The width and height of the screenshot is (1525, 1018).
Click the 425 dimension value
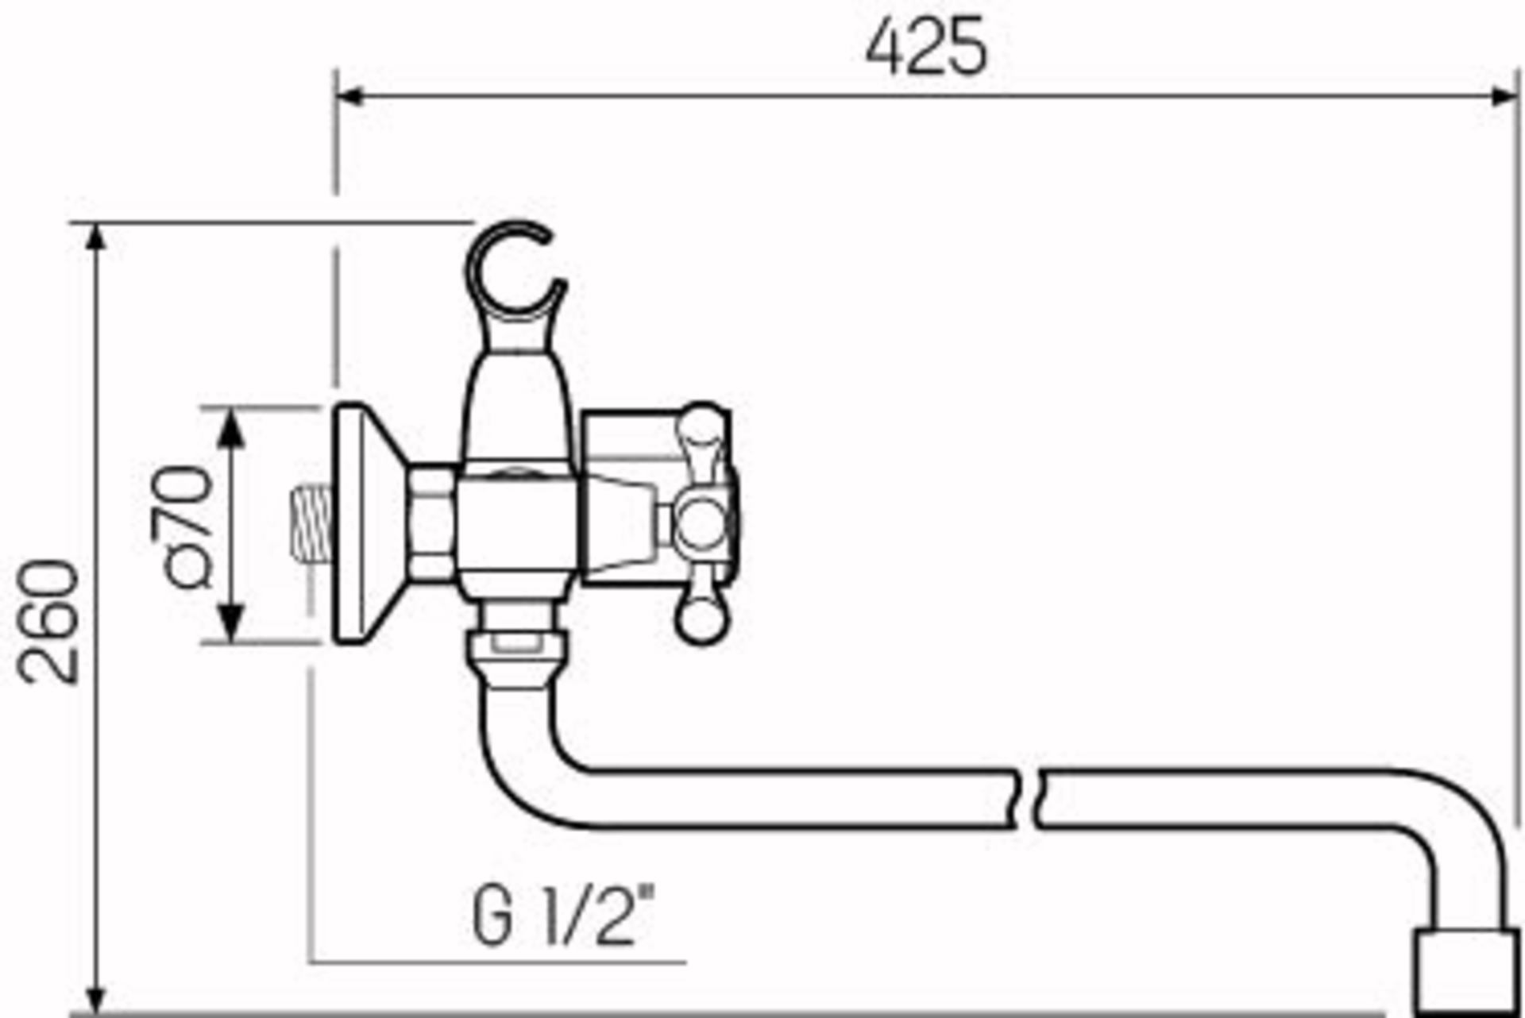[926, 48]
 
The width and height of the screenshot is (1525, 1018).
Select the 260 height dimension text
[49, 622]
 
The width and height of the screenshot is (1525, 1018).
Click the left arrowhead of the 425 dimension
[349, 97]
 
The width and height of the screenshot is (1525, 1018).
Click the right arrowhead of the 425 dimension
[1505, 97]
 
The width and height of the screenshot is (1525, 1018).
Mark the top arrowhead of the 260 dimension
[96, 238]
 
